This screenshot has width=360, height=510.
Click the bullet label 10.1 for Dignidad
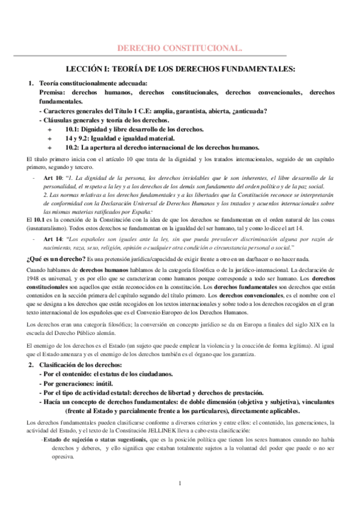click(x=73, y=129)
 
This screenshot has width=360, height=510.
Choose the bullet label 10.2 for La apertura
click(x=73, y=147)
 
